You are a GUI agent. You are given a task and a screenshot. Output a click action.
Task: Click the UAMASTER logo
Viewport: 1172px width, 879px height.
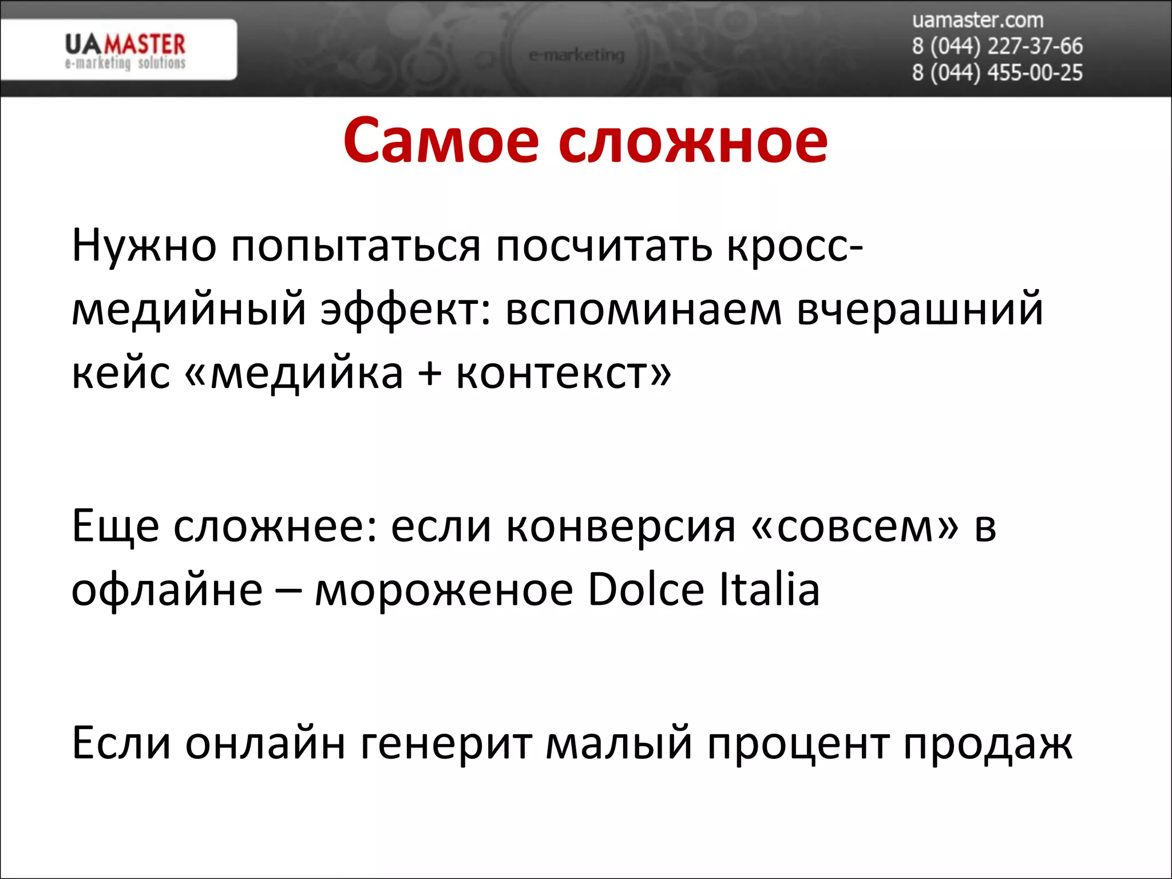coord(125,50)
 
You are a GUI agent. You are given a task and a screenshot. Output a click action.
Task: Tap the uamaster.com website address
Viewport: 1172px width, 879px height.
coord(977,21)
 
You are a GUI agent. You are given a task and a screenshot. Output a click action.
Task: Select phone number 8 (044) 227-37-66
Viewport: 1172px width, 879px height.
coord(997,46)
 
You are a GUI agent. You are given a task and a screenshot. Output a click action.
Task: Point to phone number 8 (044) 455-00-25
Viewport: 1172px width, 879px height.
coord(997,73)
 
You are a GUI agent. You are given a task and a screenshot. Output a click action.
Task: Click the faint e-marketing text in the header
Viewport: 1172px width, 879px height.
coord(576,56)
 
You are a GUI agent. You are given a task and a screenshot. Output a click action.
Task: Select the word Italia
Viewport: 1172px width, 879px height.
coord(769,589)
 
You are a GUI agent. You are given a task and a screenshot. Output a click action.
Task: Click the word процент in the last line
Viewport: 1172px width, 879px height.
coord(798,744)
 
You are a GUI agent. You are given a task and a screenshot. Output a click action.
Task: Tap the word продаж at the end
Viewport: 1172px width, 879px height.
coord(988,744)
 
